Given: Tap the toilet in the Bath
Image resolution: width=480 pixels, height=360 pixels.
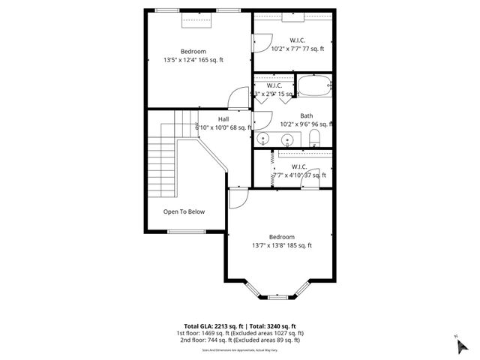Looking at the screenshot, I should click(x=315, y=137).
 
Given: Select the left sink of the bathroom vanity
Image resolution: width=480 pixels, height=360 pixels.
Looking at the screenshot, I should click(x=264, y=139).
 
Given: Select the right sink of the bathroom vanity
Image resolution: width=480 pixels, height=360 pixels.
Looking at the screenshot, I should click(x=289, y=139).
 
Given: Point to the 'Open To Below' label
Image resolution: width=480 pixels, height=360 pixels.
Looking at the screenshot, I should click(x=184, y=211).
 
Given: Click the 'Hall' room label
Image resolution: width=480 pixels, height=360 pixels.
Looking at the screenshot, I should click(x=223, y=118).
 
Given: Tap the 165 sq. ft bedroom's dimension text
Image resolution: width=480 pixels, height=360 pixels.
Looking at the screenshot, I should click(x=193, y=60).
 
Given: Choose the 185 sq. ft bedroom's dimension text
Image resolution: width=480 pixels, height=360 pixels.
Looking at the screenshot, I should click(x=282, y=245).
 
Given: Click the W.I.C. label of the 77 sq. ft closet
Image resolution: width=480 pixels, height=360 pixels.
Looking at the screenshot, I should click(x=298, y=40).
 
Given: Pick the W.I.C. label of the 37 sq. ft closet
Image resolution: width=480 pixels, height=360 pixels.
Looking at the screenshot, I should click(x=298, y=166).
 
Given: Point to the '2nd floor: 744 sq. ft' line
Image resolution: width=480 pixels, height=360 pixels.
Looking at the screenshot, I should click(x=239, y=340).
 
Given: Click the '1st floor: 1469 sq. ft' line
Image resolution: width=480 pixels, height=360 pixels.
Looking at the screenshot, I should click(x=239, y=333).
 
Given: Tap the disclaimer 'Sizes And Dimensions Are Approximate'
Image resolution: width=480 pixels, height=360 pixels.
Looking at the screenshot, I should click(x=239, y=349).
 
